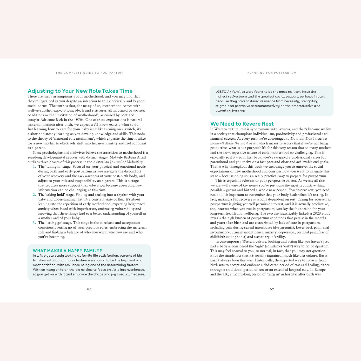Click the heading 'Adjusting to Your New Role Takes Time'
pos(80,91)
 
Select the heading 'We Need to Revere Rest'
pos(242,124)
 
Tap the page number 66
pos(89,289)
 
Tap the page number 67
pos(272,289)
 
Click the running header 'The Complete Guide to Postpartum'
pos(89,73)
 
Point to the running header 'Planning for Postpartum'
pos(272,73)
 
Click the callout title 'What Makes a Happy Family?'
pos(67,250)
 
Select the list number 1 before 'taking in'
pos(34,167)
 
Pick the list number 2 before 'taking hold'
pos(34,195)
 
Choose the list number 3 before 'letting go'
pos(34,223)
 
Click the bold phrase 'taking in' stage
pos(55,167)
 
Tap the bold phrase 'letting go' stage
pos(55,223)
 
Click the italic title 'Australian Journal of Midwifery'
pos(118,162)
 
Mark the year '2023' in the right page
pos(317,213)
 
